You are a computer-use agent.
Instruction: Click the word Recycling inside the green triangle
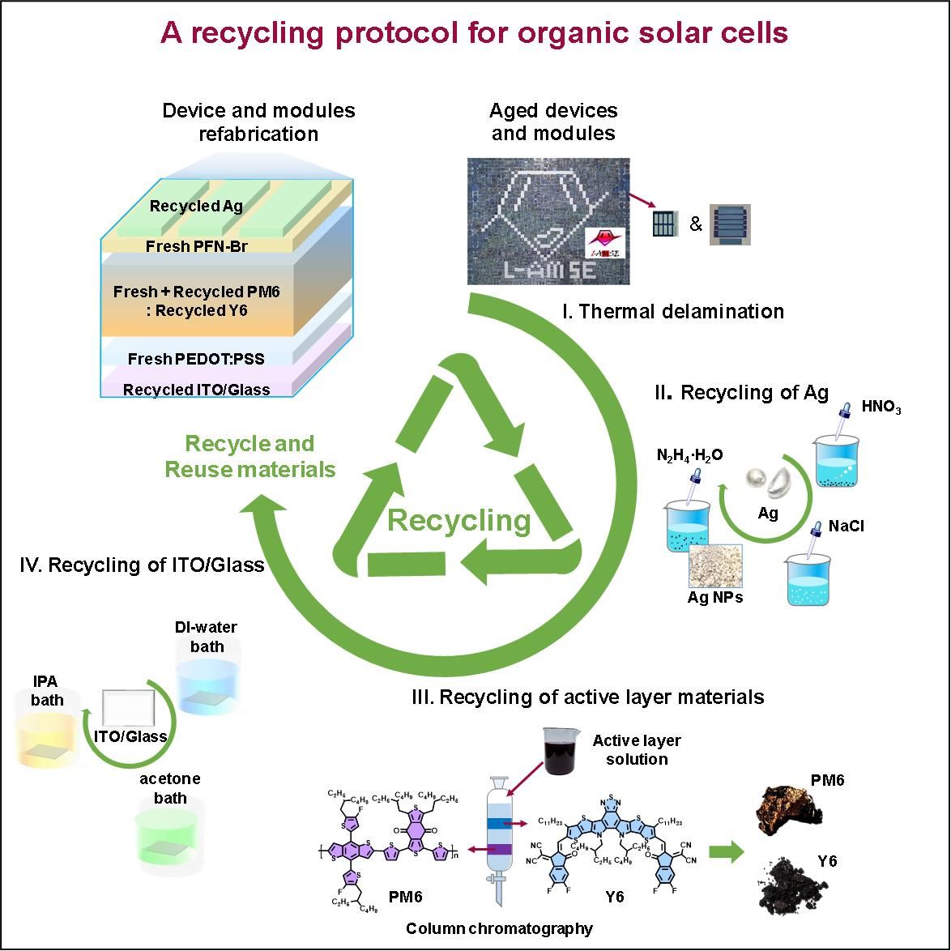point(459,520)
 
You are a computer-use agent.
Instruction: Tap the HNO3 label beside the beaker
point(881,408)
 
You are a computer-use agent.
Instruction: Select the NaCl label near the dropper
point(847,527)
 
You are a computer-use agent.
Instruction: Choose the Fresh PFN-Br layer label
point(197,246)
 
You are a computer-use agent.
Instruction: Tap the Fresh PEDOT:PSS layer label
point(197,358)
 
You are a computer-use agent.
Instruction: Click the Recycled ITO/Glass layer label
point(197,390)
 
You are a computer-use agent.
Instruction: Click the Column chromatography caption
point(499,928)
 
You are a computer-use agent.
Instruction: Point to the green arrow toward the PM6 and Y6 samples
point(726,852)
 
